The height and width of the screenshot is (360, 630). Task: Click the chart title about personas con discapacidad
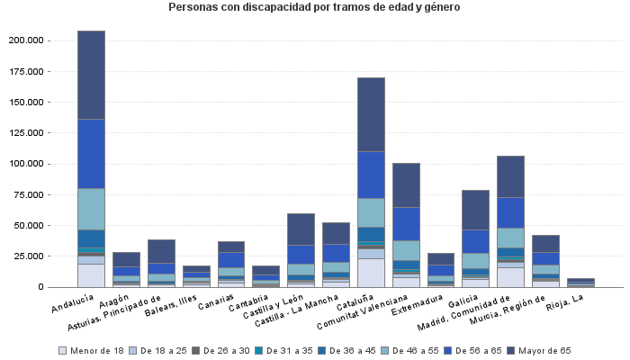(x=314, y=8)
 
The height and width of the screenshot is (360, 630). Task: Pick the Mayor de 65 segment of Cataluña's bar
(x=371, y=114)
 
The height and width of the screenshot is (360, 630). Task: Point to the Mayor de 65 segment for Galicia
(x=475, y=210)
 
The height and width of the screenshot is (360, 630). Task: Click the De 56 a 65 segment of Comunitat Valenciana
(x=406, y=224)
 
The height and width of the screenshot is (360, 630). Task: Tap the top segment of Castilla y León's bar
(x=301, y=229)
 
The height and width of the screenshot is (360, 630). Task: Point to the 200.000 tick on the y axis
(x=24, y=41)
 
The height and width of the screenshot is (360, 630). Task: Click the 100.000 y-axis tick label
(x=24, y=165)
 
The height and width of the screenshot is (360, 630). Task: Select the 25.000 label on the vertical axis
(x=27, y=256)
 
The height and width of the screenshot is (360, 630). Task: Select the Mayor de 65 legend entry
(x=545, y=350)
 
